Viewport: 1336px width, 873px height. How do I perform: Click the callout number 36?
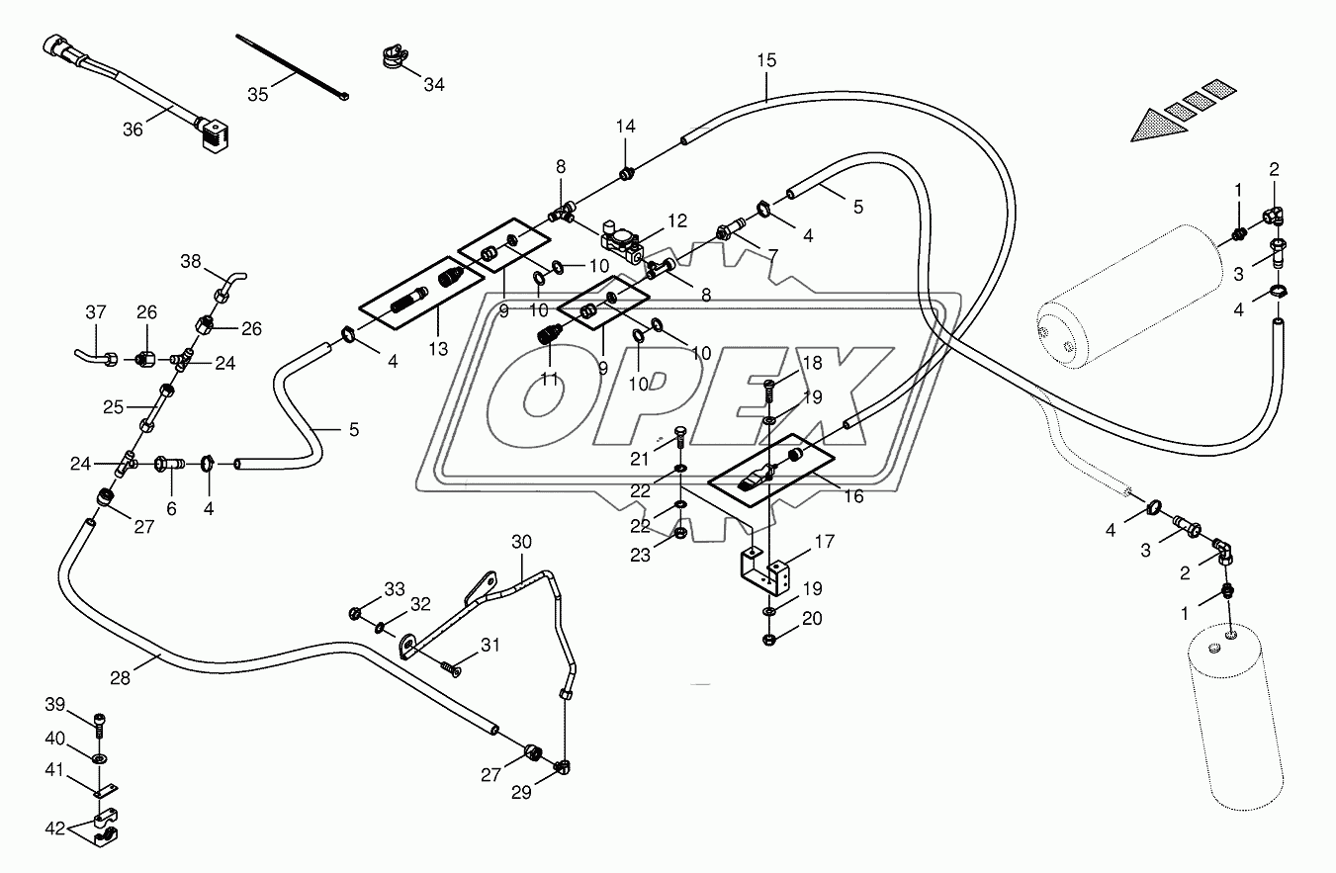(x=133, y=130)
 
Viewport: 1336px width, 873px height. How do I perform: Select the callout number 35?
(x=258, y=95)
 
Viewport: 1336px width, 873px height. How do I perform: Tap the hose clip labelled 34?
(x=395, y=56)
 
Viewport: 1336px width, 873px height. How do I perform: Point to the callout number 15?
(x=767, y=60)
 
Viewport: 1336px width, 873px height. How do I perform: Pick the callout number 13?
(x=438, y=349)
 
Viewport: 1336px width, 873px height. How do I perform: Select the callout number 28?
(x=120, y=678)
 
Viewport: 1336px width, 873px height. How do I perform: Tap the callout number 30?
(x=521, y=542)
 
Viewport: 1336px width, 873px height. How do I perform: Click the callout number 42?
(x=54, y=829)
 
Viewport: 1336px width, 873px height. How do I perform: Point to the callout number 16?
(x=853, y=496)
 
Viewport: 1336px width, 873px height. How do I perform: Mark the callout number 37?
(x=95, y=311)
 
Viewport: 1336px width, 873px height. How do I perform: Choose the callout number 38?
(x=191, y=261)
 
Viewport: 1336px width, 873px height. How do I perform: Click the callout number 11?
(x=549, y=379)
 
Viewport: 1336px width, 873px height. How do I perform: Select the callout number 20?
(x=812, y=618)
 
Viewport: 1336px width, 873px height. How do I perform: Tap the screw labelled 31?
(x=451, y=669)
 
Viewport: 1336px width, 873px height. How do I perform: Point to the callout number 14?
(x=626, y=127)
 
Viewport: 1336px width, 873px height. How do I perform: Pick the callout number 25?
(x=114, y=407)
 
